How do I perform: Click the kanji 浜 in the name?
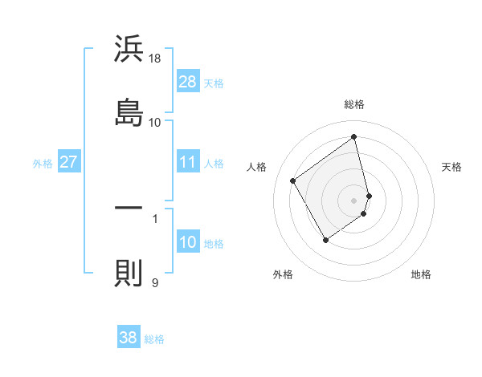point(129,50)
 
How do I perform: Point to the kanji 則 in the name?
point(129,273)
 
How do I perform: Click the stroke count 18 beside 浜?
point(155,58)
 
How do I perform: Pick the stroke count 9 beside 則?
point(154,282)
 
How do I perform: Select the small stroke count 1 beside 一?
point(154,217)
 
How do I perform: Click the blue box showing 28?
point(188,81)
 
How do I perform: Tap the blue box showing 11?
point(188,162)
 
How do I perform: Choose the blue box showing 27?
point(69,162)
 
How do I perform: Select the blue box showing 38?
point(129,338)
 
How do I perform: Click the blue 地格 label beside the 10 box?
point(214,244)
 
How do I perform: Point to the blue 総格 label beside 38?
point(154,339)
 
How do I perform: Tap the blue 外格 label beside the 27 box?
point(43,164)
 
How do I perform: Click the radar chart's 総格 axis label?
point(354,104)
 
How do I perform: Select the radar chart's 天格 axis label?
point(451,167)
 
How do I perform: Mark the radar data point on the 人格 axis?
point(293,181)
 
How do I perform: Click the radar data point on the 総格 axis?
point(354,137)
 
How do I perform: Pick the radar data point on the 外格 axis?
point(325,240)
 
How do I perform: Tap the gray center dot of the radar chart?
point(354,200)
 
